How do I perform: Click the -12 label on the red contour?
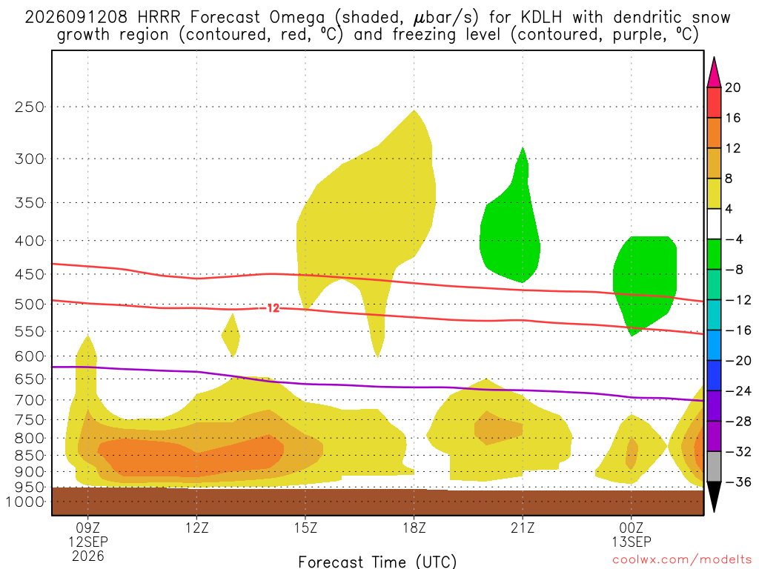(x=272, y=308)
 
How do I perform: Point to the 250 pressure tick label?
(x=30, y=107)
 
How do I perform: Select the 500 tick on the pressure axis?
(x=30, y=305)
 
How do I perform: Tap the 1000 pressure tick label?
(x=24, y=502)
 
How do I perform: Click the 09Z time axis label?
(x=87, y=528)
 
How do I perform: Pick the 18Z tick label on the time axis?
(x=414, y=528)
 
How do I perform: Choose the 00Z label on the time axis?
(x=632, y=528)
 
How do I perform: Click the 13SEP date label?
(x=632, y=542)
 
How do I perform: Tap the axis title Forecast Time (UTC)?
(x=377, y=562)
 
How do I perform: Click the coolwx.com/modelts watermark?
(x=682, y=560)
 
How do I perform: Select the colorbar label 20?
(x=733, y=87)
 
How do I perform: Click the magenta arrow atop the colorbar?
(x=714, y=73)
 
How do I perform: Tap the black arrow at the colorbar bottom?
(x=714, y=496)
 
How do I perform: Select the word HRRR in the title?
(x=159, y=18)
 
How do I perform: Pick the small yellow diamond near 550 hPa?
(x=231, y=335)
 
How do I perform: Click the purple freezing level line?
(x=377, y=387)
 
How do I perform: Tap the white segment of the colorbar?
(x=714, y=224)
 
